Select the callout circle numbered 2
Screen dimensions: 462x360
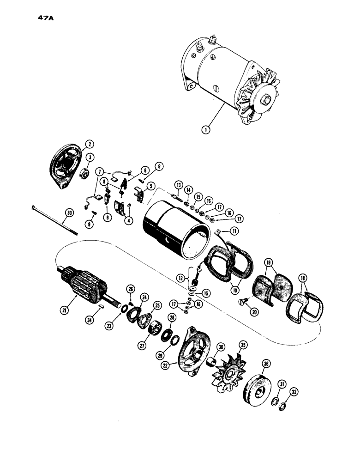click(x=89, y=143)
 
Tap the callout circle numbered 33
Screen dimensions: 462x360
click(x=69, y=213)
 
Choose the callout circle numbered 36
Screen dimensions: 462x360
click(x=266, y=364)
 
